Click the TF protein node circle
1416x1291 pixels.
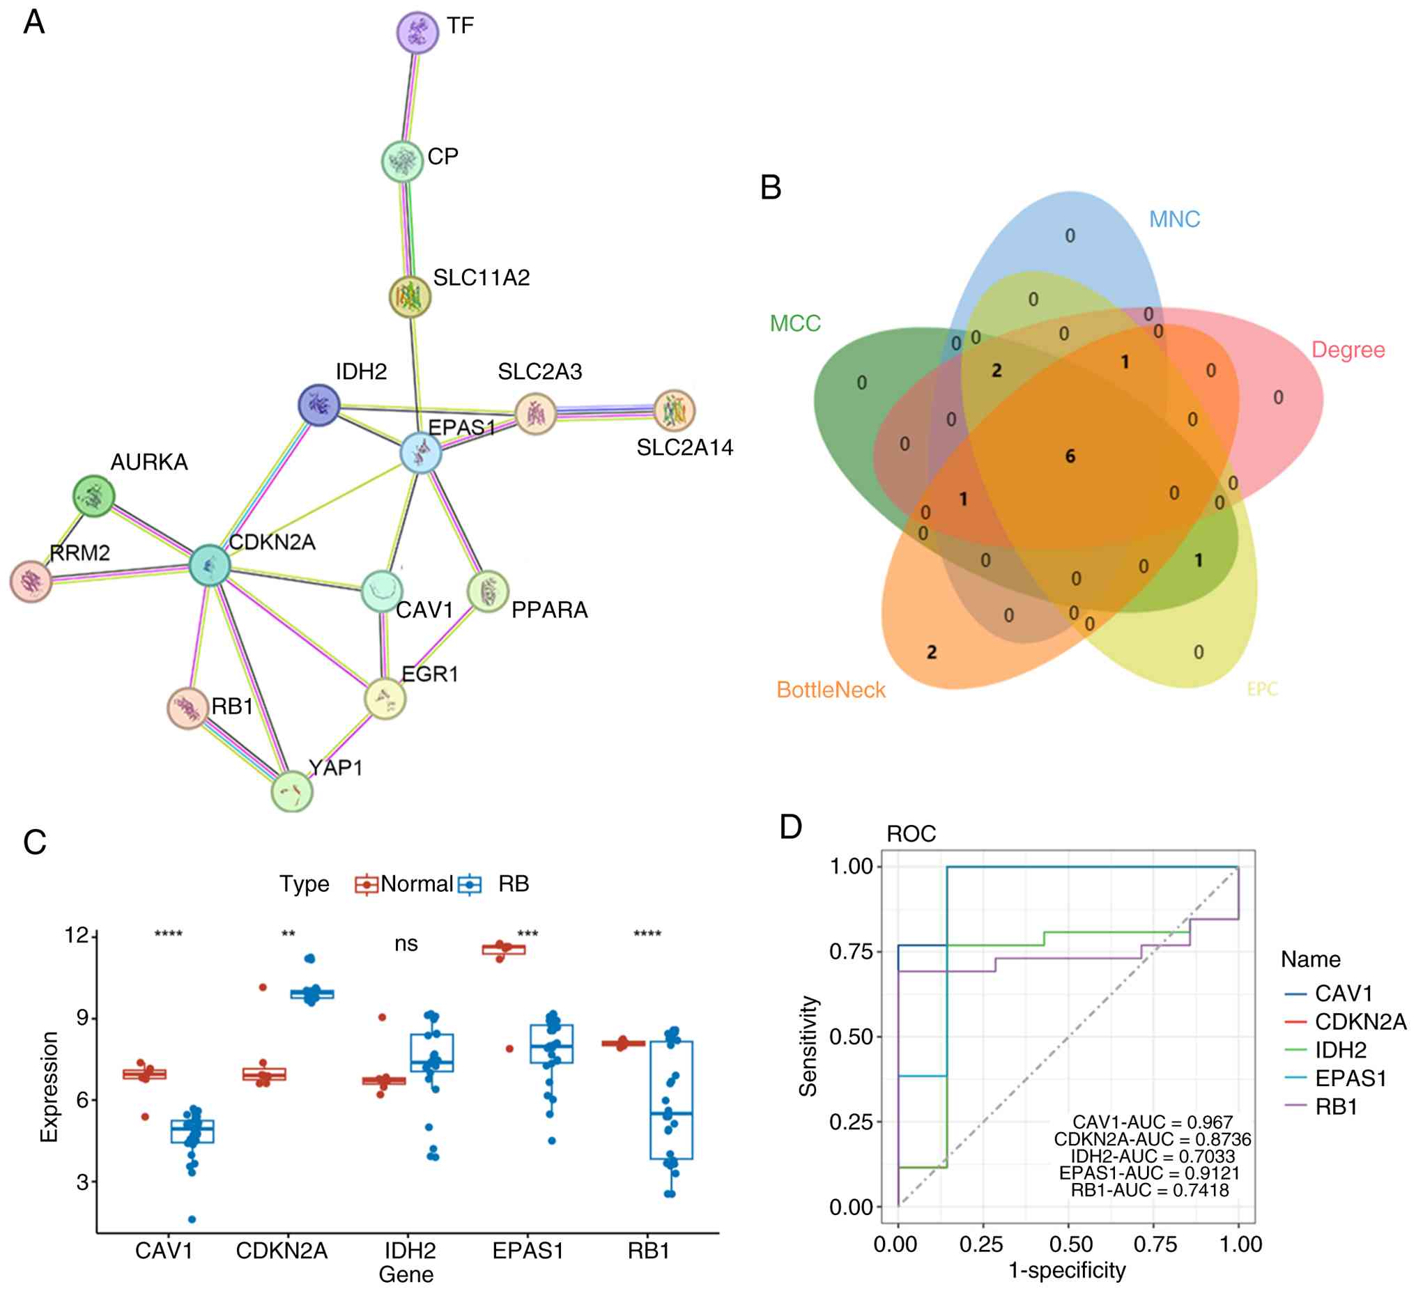pos(417,31)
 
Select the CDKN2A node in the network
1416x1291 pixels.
pos(210,565)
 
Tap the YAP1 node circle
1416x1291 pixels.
pos(292,791)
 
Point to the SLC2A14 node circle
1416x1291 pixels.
pos(675,411)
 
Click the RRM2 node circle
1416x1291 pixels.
pos(31,582)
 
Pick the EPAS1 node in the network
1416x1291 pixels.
pos(421,453)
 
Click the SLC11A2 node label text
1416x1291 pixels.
pos(481,278)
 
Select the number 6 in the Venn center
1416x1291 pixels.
pos(1070,456)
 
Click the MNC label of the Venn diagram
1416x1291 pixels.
pos(1174,220)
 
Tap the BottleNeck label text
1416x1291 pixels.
pos(831,690)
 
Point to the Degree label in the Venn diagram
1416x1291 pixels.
pos(1348,350)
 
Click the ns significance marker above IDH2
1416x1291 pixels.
pos(406,943)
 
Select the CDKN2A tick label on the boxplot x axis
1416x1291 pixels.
pos(282,1251)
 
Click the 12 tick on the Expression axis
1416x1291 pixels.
pos(77,936)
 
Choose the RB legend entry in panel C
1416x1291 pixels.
pos(514,883)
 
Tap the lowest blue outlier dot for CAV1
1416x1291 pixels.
pos(192,1219)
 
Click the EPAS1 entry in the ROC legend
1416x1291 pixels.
pos(1350,1079)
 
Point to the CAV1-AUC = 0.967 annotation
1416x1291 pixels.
pos(1153,1122)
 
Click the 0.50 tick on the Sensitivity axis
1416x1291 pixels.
pos(851,1037)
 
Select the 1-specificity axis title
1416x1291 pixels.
pos(1067,1270)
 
